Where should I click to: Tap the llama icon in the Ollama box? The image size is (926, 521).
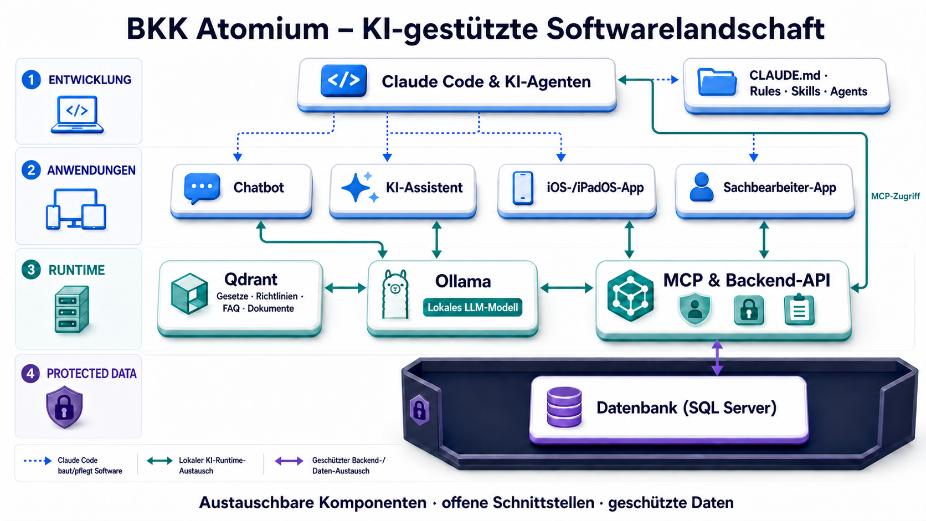[x=395, y=294]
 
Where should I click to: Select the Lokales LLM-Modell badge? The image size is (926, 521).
[x=472, y=307]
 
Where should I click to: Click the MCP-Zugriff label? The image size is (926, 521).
[x=896, y=196]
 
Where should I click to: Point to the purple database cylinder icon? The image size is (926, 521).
[x=564, y=407]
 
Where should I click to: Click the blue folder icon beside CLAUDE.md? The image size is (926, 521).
[x=717, y=82]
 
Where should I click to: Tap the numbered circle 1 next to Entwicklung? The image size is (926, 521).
[x=31, y=79]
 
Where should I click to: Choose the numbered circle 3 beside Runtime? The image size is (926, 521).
[x=31, y=270]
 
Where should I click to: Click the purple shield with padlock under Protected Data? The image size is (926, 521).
[x=64, y=407]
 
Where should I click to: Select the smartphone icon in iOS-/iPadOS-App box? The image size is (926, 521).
[x=522, y=188]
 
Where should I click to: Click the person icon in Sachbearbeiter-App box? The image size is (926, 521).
[x=702, y=187]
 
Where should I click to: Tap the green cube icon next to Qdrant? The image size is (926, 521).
[x=189, y=293]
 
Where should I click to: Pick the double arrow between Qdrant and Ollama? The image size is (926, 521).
[x=345, y=288]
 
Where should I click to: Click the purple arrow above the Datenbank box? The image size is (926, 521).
[x=717, y=358]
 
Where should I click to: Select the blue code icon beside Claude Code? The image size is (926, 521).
[x=343, y=80]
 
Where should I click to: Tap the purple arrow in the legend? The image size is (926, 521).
[x=289, y=461]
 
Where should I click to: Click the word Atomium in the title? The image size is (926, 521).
[x=263, y=29]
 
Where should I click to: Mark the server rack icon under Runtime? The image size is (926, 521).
[x=72, y=309]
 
